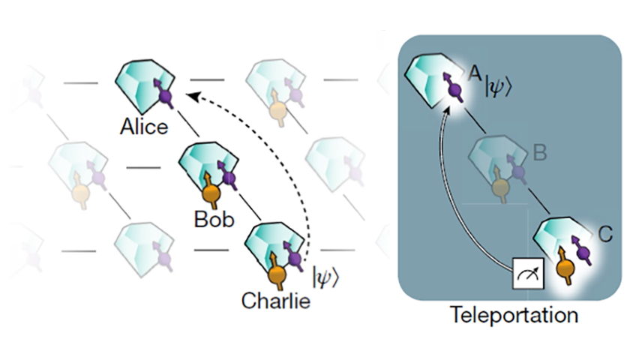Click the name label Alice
[144, 127]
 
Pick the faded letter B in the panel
[538, 156]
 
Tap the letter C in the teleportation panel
[605, 235]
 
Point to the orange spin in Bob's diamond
[211, 193]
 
